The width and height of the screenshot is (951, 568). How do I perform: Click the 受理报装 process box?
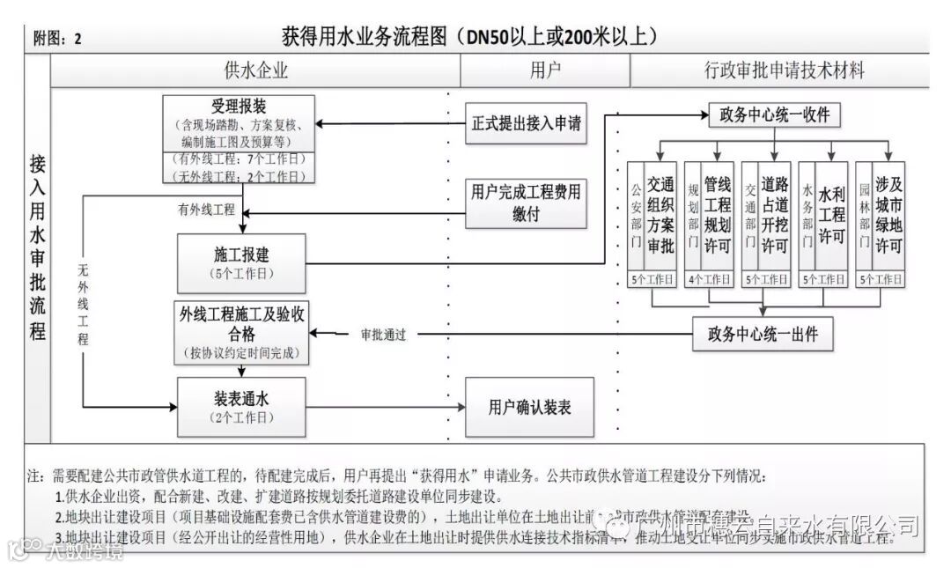pyautogui.click(x=239, y=123)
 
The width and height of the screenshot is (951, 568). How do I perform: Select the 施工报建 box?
pyautogui.click(x=241, y=262)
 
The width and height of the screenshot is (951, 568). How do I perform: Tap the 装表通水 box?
pyautogui.click(x=241, y=406)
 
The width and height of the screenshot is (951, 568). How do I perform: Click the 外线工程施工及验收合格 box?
pyautogui.click(x=241, y=331)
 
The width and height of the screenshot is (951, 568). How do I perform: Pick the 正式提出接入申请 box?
pyautogui.click(x=527, y=123)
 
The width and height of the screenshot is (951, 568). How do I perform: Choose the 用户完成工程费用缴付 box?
pyautogui.click(x=527, y=202)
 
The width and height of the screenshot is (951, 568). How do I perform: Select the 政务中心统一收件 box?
pyautogui.click(x=775, y=115)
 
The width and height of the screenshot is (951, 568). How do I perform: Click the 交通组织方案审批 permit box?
pyautogui.click(x=660, y=217)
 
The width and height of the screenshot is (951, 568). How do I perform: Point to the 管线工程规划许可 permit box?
pyautogui.click(x=718, y=217)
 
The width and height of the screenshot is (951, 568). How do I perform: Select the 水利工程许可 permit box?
pyautogui.click(x=831, y=217)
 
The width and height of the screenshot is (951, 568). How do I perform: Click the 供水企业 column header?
pyautogui.click(x=256, y=70)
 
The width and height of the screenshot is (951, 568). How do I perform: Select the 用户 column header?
pyautogui.click(x=545, y=70)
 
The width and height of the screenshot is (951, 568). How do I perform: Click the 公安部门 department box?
pyautogui.click(x=636, y=217)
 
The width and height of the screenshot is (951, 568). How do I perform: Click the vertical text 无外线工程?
pyautogui.click(x=84, y=304)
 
